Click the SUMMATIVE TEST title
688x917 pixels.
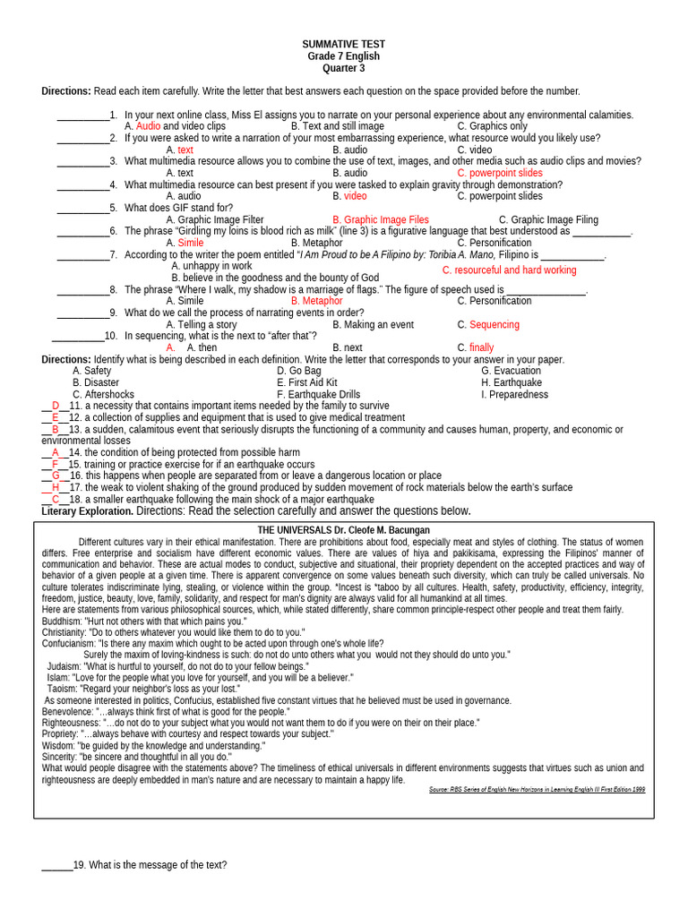(x=343, y=44)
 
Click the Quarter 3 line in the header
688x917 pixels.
(x=343, y=68)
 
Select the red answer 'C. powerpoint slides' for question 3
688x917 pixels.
(x=499, y=173)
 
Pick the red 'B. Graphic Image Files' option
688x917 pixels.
(x=380, y=219)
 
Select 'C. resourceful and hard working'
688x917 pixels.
(x=509, y=270)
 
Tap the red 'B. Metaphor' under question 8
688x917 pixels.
(x=316, y=301)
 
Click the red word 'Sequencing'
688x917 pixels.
(x=494, y=325)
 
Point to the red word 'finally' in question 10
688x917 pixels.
(x=481, y=347)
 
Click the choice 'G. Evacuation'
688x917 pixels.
(x=511, y=371)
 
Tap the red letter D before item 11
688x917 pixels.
(x=56, y=406)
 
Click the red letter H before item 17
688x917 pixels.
(x=56, y=487)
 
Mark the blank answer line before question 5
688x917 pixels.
(x=82, y=208)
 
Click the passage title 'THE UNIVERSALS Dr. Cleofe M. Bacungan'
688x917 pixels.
(x=343, y=530)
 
